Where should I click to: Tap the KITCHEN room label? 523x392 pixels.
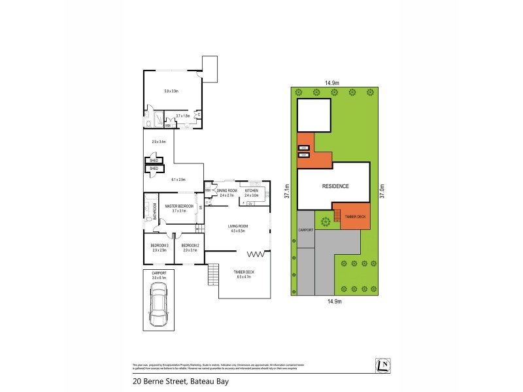pos(252,191)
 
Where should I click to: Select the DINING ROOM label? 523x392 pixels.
pos(227,191)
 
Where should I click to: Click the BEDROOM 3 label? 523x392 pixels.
pos(160,246)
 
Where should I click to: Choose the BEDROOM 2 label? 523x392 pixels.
pos(191,246)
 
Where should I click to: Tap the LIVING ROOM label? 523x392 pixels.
pos(237,227)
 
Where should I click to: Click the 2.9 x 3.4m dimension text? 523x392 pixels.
pos(158,142)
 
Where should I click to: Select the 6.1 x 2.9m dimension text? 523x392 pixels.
pos(178,180)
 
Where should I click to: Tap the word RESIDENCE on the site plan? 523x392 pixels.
pos(335,186)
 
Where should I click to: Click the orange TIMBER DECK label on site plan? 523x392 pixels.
pos(356,216)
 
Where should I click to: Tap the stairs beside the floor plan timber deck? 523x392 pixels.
pos(212,274)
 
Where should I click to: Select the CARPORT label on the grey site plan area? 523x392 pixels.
pos(306,231)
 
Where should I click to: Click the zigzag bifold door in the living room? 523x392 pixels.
pos(257,254)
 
